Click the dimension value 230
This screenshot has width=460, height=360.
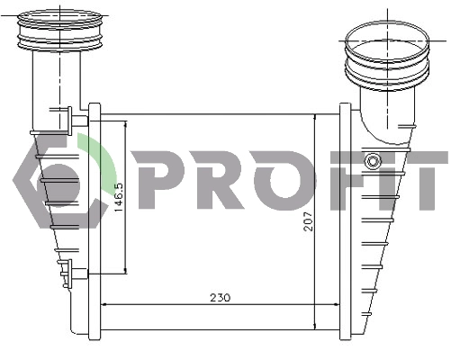coord(220,297)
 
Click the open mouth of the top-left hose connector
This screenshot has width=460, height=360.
coord(60,20)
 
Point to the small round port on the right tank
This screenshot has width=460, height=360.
coord(373,161)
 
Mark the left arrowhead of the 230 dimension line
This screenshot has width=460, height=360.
coord(104,303)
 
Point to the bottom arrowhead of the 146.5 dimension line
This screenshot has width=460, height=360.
coord(126,269)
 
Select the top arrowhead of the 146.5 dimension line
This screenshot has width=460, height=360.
coord(126,123)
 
